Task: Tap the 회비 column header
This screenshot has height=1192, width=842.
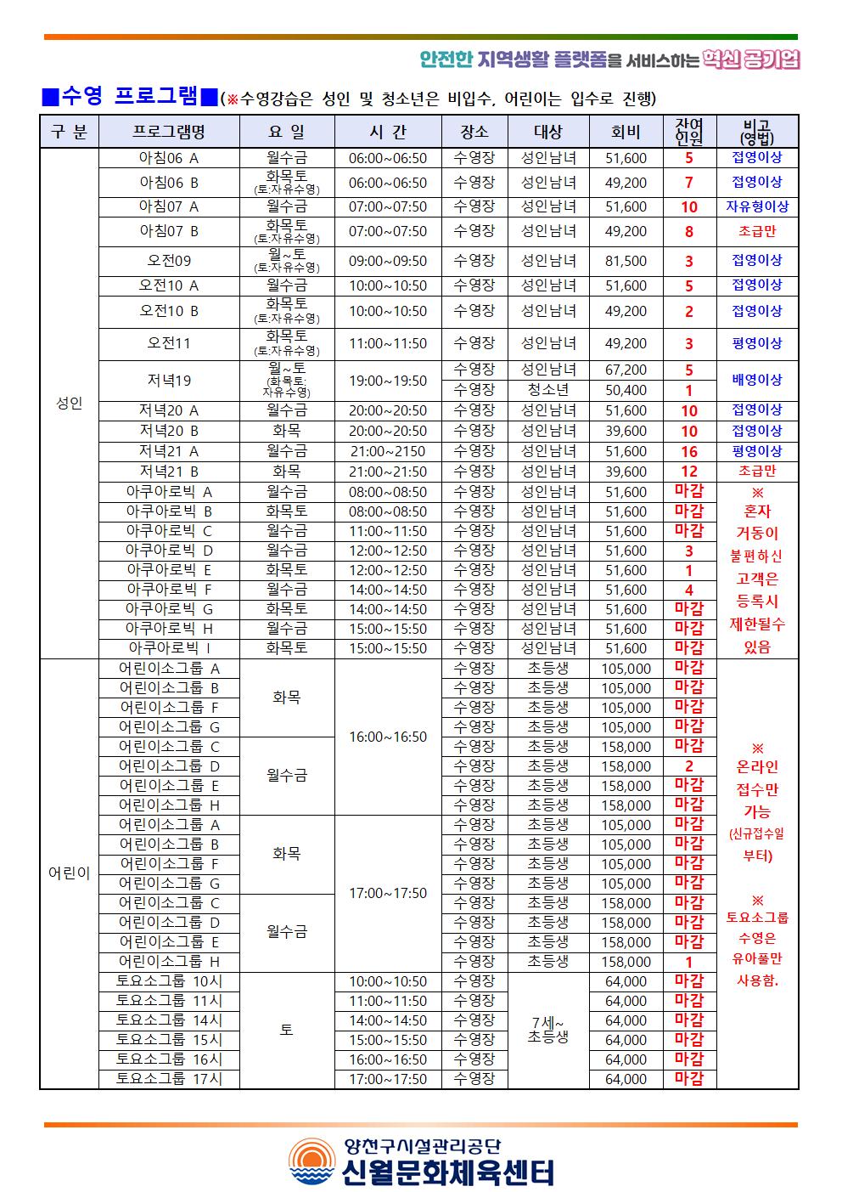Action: click(x=626, y=132)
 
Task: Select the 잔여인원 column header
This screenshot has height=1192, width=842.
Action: click(x=689, y=132)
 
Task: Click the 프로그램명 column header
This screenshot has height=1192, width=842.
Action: click(x=169, y=132)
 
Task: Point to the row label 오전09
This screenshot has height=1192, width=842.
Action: click(x=169, y=261)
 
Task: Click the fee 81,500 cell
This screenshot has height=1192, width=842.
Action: click(x=626, y=261)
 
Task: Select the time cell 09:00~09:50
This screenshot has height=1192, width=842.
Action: click(x=388, y=261)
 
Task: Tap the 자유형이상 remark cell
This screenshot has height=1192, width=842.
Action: click(x=757, y=206)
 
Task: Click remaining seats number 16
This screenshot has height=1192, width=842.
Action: click(x=689, y=451)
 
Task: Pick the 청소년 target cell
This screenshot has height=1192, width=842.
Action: click(x=548, y=390)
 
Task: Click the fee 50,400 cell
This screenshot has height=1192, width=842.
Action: click(x=626, y=390)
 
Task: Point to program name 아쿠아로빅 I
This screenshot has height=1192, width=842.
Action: click(x=169, y=648)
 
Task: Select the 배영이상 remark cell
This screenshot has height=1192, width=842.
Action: click(x=757, y=380)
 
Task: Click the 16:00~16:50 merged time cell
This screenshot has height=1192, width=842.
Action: click(x=388, y=737)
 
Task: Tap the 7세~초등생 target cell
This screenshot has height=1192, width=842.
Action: click(x=548, y=1030)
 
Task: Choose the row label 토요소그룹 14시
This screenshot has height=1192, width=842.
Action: click(x=169, y=1020)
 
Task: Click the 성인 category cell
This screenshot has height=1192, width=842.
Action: click(x=70, y=404)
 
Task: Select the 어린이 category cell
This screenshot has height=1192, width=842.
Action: click(x=70, y=873)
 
